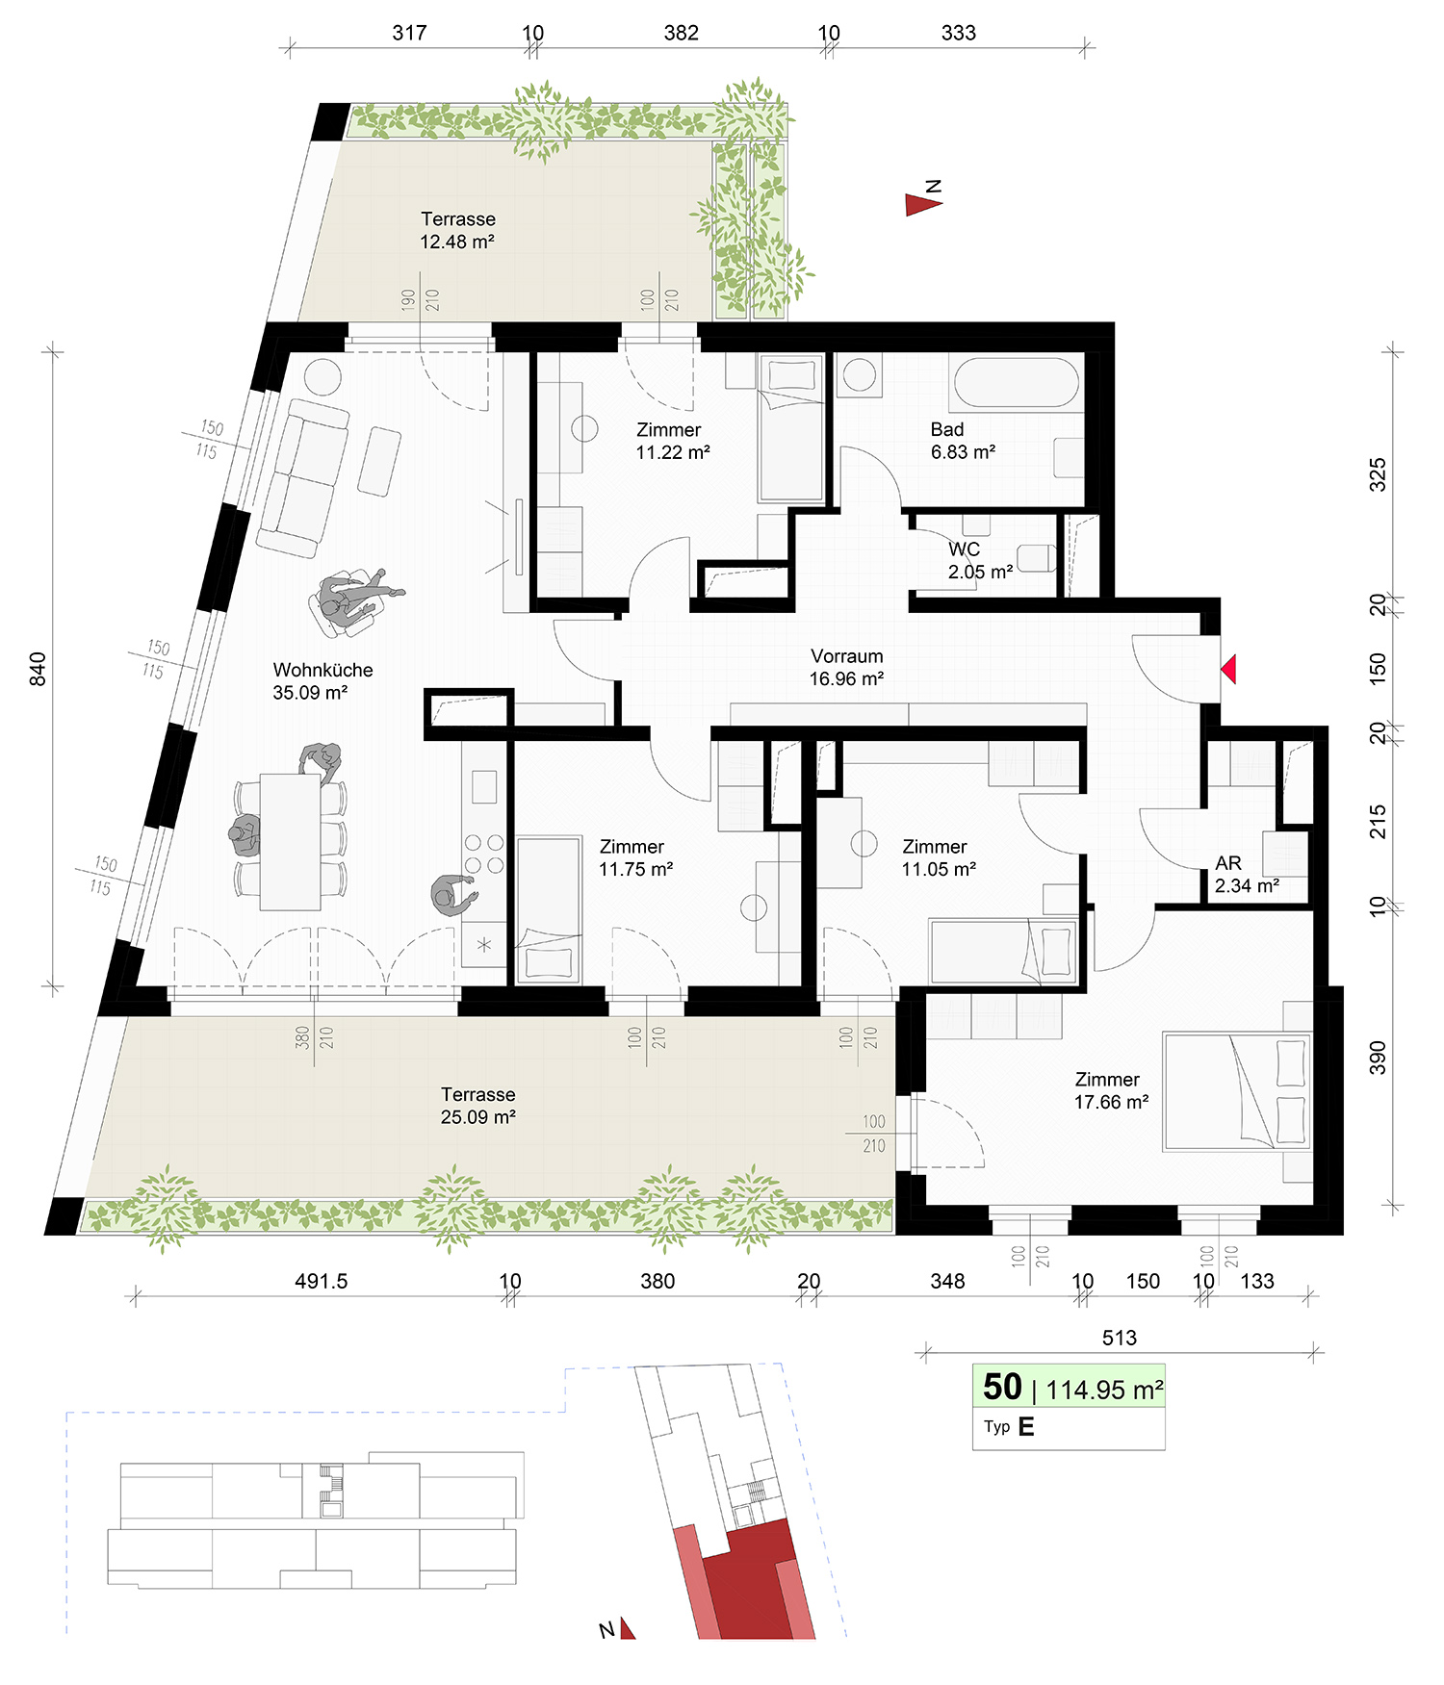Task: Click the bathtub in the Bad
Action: tap(1017, 382)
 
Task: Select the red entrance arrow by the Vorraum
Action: tap(1228, 669)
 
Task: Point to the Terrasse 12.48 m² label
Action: tap(458, 230)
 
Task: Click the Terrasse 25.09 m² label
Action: tap(478, 1106)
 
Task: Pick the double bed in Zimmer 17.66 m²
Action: tap(1237, 1092)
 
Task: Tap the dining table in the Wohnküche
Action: tap(290, 842)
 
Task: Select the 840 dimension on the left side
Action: tap(38, 669)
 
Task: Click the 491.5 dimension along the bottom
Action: tap(321, 1281)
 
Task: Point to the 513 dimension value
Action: tap(1120, 1338)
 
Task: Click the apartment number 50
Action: tap(1002, 1387)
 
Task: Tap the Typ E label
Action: tap(1009, 1426)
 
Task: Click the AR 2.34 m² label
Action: tap(1247, 875)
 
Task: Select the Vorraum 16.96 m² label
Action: tap(846, 667)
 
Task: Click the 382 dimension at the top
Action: tap(681, 33)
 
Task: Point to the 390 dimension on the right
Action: tap(1378, 1057)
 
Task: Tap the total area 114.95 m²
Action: tap(1105, 1390)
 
